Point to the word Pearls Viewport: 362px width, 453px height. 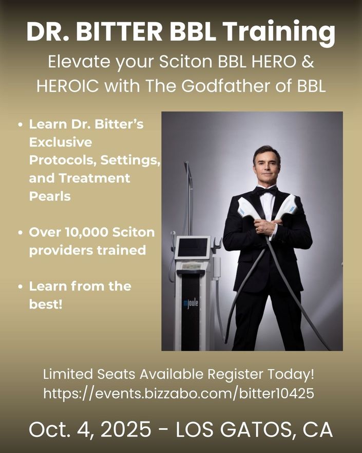pos(50,196)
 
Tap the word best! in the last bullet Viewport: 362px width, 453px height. pos(46,304)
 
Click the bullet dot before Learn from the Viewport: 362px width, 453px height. pos(20,287)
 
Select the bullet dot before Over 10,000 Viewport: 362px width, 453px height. pos(20,233)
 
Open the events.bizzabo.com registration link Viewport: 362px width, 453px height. pos(179,393)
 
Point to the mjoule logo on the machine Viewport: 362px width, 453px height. pos(190,304)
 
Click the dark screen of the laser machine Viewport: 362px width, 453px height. pos(193,247)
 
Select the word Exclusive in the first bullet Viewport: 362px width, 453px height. pos(61,142)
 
